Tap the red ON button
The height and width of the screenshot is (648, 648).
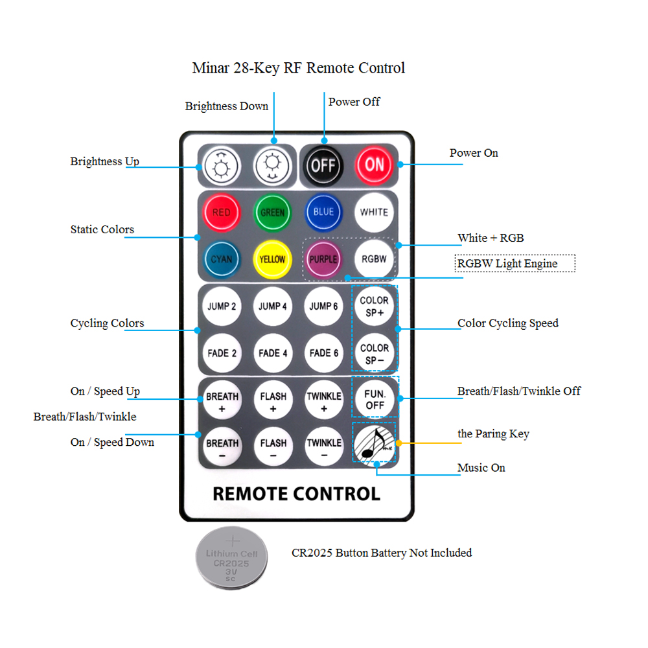374,165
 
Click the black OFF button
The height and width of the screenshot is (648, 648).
323,166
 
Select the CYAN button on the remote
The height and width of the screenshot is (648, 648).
222,260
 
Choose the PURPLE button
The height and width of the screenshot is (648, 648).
323,260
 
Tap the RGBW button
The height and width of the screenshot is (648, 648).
374,259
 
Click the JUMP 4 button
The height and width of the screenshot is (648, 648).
273,307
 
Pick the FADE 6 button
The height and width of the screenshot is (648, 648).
323,353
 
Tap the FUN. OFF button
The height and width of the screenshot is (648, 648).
375,400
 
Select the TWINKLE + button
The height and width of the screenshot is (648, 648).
324,400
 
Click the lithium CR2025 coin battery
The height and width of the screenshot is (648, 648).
231,558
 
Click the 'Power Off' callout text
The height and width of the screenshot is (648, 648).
354,102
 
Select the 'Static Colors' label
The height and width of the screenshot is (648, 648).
102,229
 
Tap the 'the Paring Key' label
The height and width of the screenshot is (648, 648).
493,434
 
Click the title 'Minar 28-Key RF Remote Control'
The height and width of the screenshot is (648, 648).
298,68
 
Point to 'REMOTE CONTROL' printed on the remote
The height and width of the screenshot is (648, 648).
296,494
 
